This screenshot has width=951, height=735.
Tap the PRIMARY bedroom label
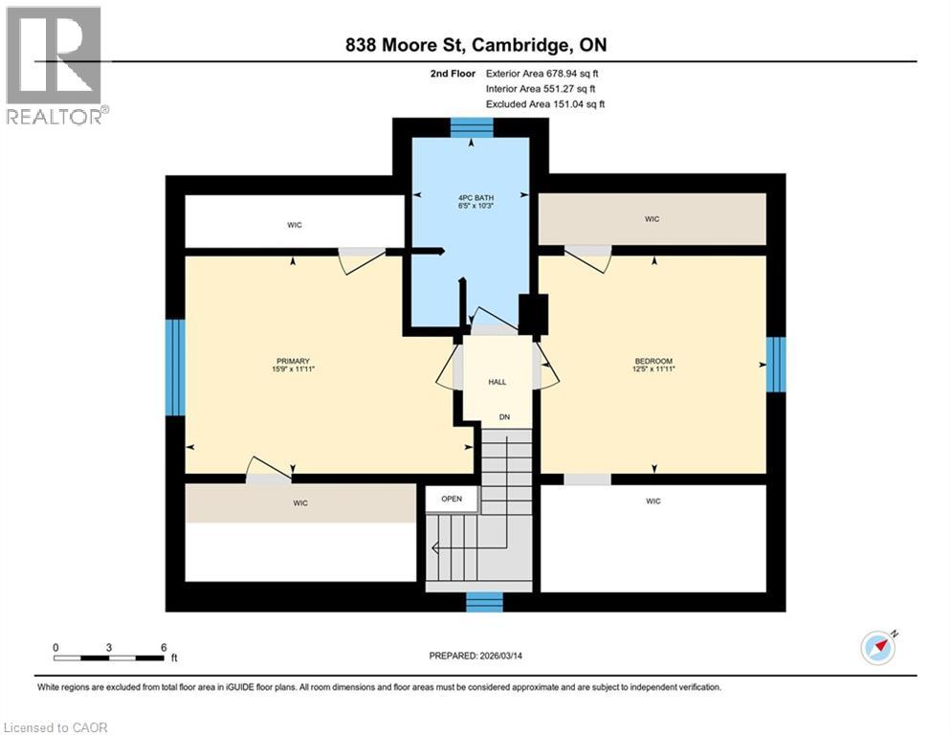tap(294, 361)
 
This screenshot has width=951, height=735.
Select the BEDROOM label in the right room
tap(653, 361)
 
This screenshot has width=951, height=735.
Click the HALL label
tap(498, 382)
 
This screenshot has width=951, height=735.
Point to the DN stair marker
tap(502, 416)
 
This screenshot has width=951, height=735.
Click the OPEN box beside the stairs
tap(451, 499)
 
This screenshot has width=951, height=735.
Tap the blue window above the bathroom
tap(471, 127)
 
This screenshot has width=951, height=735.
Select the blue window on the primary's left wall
tap(174, 367)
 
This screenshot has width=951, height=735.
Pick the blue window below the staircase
tap(484, 601)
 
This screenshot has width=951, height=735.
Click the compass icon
tap(878, 647)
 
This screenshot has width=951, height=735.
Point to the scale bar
tap(110, 657)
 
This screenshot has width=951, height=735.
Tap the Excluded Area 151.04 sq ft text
tap(545, 103)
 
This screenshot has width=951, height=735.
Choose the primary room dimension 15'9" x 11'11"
tap(294, 371)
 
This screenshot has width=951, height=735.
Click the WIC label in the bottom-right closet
tap(653, 501)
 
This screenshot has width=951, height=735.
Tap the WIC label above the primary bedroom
tap(295, 225)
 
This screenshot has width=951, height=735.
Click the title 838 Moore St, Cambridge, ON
tap(475, 45)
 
